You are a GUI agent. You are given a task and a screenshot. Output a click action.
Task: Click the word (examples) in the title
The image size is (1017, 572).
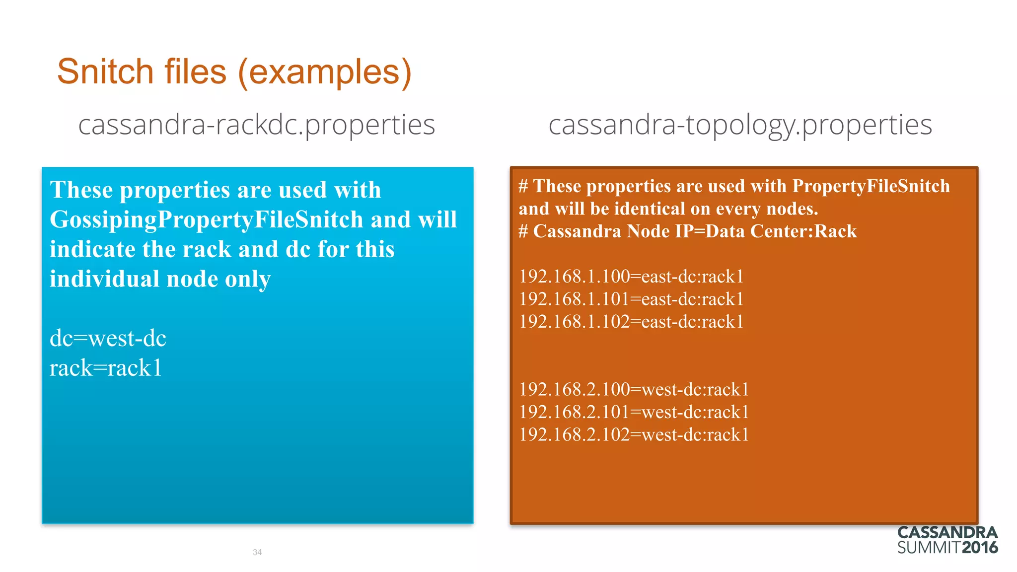pyautogui.click(x=325, y=72)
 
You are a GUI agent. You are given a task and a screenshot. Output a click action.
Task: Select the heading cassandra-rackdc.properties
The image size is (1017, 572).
pyautogui.click(x=256, y=125)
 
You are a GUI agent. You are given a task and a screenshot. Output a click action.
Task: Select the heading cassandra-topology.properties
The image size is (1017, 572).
pyautogui.click(x=740, y=125)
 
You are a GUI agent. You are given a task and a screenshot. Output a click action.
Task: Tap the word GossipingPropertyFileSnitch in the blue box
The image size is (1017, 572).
pyautogui.click(x=207, y=220)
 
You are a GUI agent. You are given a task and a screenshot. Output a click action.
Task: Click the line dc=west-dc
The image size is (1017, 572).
pyautogui.click(x=108, y=339)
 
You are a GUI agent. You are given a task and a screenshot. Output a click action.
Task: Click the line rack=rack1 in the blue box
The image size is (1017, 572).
pyautogui.click(x=106, y=368)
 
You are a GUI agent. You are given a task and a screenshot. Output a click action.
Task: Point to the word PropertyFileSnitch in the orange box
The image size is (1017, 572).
pyautogui.click(x=871, y=186)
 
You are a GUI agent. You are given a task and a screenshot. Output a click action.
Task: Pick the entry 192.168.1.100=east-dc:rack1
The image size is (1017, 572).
pyautogui.click(x=631, y=277)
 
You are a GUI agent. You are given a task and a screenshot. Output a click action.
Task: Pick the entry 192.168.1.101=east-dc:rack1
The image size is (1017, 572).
pyautogui.click(x=631, y=299)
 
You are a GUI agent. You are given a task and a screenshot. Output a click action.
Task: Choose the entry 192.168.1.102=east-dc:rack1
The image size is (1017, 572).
pyautogui.click(x=631, y=322)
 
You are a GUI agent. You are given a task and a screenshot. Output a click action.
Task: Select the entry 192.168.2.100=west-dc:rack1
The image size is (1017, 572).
pyautogui.click(x=634, y=389)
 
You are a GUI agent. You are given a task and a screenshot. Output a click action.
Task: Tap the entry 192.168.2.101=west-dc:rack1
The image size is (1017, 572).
pyautogui.click(x=634, y=412)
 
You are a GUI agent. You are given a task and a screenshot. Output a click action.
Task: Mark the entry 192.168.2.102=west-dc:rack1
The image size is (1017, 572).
pyautogui.click(x=634, y=435)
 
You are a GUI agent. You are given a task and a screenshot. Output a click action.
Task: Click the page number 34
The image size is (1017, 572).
pyautogui.click(x=257, y=552)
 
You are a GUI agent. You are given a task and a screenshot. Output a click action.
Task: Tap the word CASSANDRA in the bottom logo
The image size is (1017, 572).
pyautogui.click(x=947, y=533)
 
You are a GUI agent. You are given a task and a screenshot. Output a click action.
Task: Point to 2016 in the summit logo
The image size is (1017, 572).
pyautogui.click(x=980, y=548)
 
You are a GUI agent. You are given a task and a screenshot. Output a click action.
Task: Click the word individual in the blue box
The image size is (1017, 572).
pyautogui.click(x=104, y=279)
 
